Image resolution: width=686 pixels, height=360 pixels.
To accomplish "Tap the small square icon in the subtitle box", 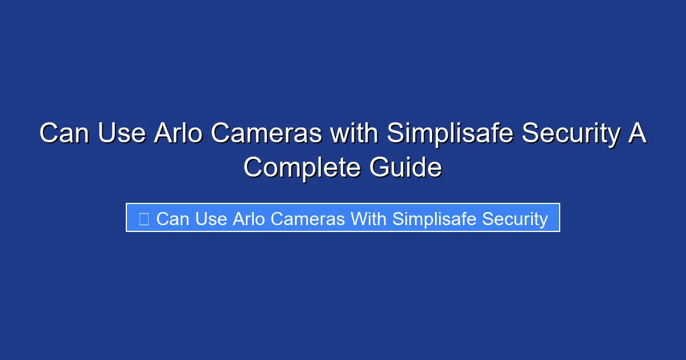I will (144, 219).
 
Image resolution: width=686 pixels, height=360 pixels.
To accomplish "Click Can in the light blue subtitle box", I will (172, 219).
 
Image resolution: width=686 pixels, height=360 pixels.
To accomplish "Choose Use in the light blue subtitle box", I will (212, 219).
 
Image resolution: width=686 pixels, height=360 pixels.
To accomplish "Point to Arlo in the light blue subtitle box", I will (249, 219).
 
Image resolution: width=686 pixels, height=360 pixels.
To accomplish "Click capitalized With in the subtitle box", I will (368, 219).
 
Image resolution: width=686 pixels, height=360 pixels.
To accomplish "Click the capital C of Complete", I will (254, 168).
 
